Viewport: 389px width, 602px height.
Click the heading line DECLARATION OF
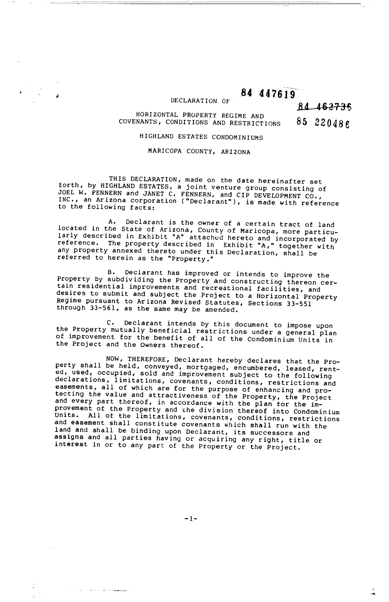point(200,101)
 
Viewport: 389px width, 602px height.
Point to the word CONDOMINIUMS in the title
point(237,138)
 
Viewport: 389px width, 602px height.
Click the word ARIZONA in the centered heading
point(236,152)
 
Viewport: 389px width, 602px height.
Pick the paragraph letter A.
point(111,222)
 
